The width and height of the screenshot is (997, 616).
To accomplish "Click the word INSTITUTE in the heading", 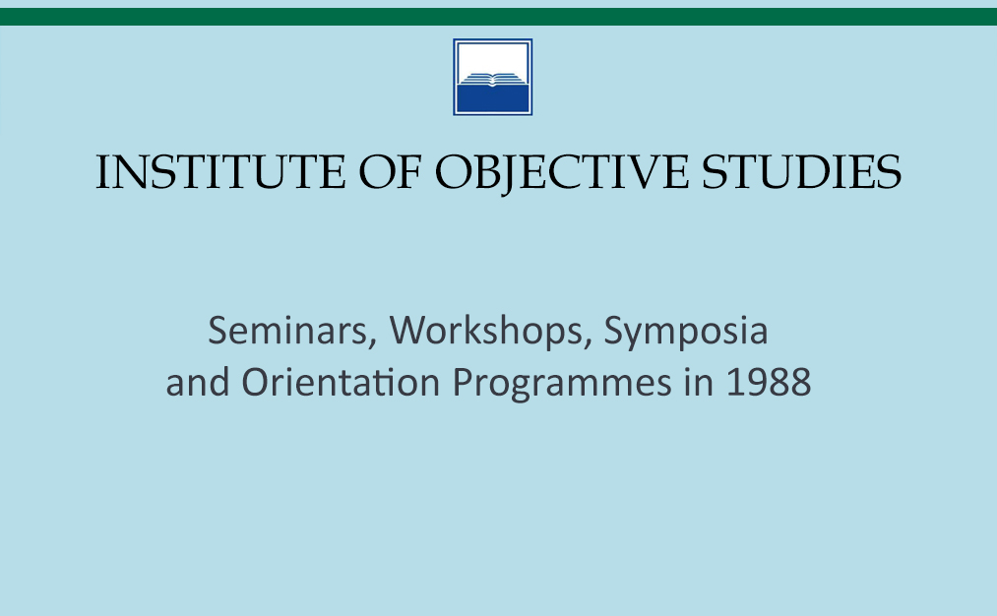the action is pyautogui.click(x=220, y=172).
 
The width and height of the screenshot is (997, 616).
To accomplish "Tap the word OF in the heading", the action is pyautogui.click(x=390, y=172).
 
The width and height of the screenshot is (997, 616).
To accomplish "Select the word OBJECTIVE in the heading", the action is pyautogui.click(x=561, y=174).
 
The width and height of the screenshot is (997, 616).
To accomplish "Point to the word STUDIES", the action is pyautogui.click(x=801, y=172).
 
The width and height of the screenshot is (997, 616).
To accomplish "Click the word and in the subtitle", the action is pyautogui.click(x=197, y=382).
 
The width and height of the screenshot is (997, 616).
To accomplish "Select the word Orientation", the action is pyautogui.click(x=341, y=382).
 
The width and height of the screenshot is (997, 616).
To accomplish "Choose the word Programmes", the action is pyautogui.click(x=561, y=384).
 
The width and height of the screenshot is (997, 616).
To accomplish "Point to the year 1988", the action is pyautogui.click(x=769, y=383).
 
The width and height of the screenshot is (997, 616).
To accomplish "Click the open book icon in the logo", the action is pyautogui.click(x=493, y=79).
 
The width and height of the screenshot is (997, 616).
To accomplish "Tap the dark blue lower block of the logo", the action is pyautogui.click(x=493, y=98).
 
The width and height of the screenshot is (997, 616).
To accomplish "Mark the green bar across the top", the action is pyautogui.click(x=498, y=17).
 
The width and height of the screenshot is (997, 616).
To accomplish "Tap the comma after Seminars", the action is pyautogui.click(x=372, y=343).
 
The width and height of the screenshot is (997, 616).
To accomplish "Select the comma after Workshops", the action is pyautogui.click(x=589, y=343).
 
